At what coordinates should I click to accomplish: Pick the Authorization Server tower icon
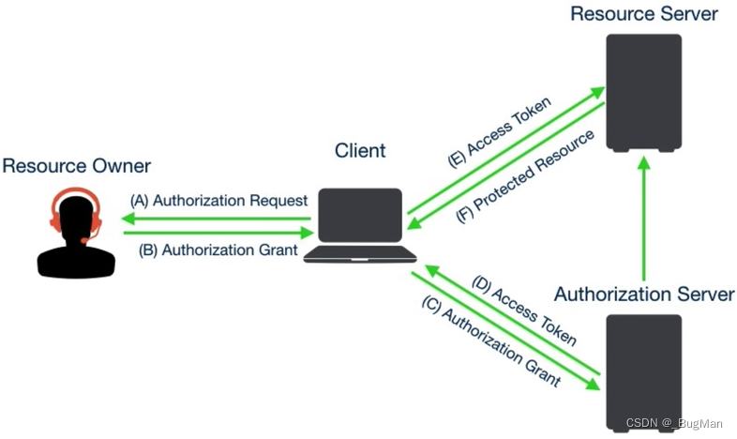coord(643,371)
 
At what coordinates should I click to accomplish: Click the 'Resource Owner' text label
coord(76,166)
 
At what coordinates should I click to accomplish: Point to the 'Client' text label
coord(360,150)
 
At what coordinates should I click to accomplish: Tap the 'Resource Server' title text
coord(643,13)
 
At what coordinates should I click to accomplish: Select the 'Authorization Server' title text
coord(643,294)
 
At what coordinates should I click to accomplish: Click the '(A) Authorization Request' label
coord(219,200)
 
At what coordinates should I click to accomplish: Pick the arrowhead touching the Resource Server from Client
coord(594,92)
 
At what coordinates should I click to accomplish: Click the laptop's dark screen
coord(360,219)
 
